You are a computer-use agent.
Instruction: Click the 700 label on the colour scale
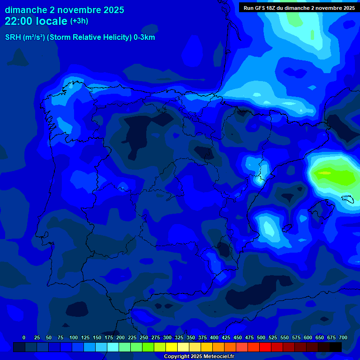[x=343, y=337]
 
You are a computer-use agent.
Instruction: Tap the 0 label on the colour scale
[x=24, y=337]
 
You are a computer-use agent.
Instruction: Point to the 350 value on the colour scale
[x=191, y=337]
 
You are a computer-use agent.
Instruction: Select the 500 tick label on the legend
[x=261, y=337]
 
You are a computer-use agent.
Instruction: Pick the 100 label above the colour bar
[x=74, y=337]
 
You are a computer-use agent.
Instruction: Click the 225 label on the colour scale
[x=132, y=337]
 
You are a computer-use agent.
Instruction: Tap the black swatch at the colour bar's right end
[x=336, y=347]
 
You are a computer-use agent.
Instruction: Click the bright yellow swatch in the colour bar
[x=172, y=347]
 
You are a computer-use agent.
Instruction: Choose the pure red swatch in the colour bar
[x=265, y=347]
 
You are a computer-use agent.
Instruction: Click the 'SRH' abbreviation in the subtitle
[x=13, y=37]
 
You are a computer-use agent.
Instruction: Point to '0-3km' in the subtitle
[x=144, y=37]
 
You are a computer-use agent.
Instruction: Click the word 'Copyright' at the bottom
[x=177, y=357]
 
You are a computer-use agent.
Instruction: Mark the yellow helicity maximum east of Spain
[x=324, y=173]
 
